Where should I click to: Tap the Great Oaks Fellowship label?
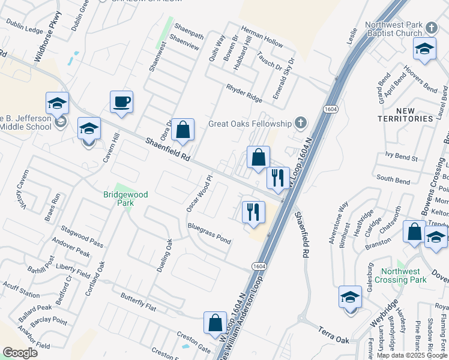point(250,124)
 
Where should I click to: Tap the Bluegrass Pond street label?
point(209,233)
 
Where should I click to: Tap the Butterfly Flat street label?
point(138,302)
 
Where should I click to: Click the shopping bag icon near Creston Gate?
point(215,322)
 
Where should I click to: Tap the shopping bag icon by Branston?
point(414,232)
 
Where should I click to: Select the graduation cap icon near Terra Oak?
point(351,296)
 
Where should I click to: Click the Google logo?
point(20,353)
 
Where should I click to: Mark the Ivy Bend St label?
point(402,157)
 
